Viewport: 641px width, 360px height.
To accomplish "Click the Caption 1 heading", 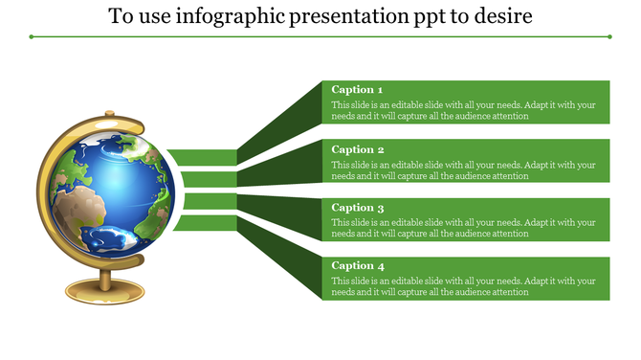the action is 357,90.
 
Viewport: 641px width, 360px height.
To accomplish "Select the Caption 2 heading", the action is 357,149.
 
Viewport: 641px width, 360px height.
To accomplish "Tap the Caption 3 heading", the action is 357,208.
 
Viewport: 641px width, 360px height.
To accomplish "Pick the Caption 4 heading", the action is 357,265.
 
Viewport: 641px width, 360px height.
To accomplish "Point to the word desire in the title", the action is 506,17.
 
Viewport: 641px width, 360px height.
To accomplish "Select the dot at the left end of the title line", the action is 31,37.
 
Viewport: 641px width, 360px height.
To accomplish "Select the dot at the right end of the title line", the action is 610,37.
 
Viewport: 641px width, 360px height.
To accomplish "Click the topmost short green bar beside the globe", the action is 204,157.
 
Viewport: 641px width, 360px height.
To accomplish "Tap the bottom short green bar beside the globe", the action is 204,223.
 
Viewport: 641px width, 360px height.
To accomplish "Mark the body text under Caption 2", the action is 463,169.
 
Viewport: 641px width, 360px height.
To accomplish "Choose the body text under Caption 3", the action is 463,228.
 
